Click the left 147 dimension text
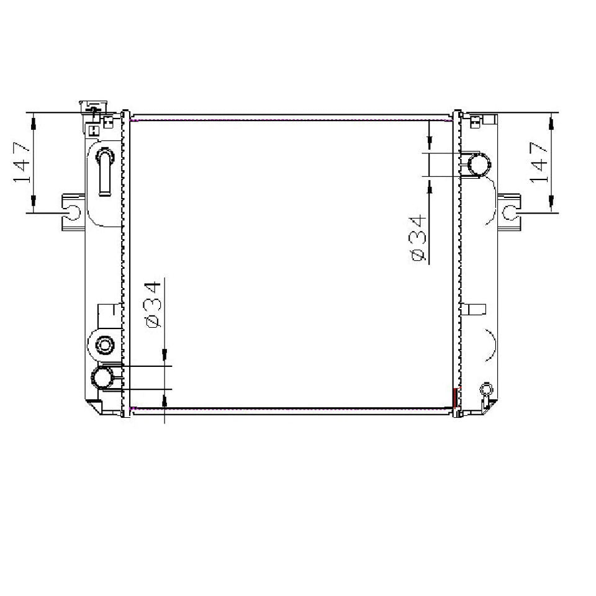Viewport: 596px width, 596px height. [x=22, y=162]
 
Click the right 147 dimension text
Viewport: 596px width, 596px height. [x=539, y=162]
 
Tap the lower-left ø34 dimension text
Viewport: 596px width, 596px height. [x=153, y=304]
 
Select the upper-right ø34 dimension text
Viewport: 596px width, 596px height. [x=418, y=238]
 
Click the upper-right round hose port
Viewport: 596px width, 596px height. [x=479, y=165]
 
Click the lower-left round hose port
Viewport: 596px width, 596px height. [x=102, y=377]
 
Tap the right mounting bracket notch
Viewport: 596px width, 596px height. [x=509, y=212]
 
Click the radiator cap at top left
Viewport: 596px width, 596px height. [x=93, y=107]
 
